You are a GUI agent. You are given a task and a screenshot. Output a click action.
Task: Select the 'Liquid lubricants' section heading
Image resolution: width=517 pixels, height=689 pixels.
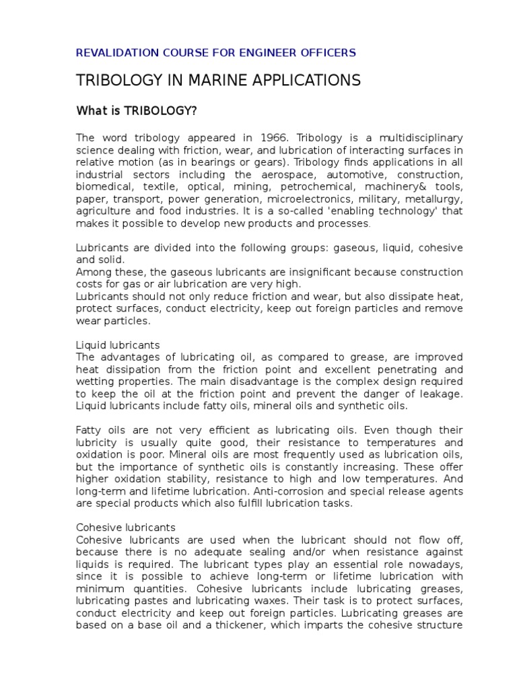click(x=118, y=345)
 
